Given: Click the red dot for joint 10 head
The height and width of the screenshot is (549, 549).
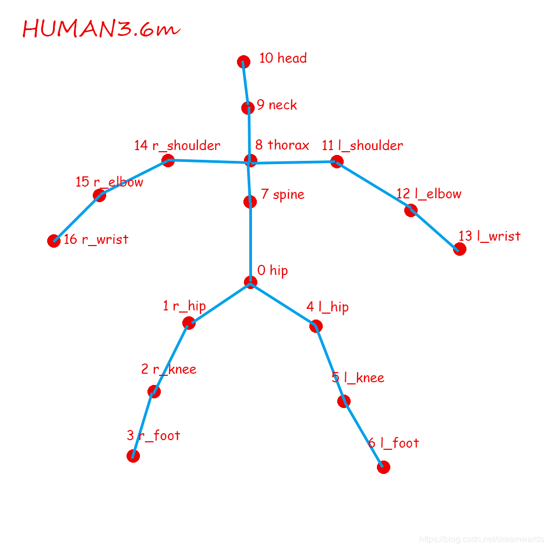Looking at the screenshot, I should tap(243, 62).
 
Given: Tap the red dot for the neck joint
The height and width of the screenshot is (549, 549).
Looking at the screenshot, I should tap(248, 108).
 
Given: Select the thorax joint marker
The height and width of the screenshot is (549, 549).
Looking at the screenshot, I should tap(250, 160).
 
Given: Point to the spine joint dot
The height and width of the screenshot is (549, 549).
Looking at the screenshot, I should tap(250, 202).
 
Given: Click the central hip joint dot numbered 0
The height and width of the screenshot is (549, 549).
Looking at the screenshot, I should tap(250, 282).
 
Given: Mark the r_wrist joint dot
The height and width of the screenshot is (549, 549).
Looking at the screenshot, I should tap(54, 241).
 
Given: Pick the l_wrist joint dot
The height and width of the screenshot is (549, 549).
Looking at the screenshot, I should tap(459, 249).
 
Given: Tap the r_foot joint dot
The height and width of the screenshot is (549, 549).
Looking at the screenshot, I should tap(133, 456).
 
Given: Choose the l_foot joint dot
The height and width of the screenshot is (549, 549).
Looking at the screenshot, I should tap(383, 467).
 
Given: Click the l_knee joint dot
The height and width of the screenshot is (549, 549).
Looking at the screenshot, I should tap(344, 401).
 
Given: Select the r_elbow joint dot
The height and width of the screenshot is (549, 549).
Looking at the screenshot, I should tap(99, 196).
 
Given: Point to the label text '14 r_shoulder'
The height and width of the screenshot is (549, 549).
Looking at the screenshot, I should tap(177, 145).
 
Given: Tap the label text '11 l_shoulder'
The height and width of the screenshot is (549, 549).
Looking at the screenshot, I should tap(362, 145).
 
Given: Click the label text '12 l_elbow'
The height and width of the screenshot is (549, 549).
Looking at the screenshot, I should tap(429, 194).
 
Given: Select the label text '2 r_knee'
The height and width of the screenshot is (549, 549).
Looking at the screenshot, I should tap(169, 369).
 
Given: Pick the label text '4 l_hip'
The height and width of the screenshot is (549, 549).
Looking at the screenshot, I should tap(328, 307).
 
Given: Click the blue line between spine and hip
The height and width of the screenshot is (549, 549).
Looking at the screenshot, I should tap(250, 241).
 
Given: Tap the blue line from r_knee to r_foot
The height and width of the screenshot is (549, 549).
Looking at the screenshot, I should tap(144, 424).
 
